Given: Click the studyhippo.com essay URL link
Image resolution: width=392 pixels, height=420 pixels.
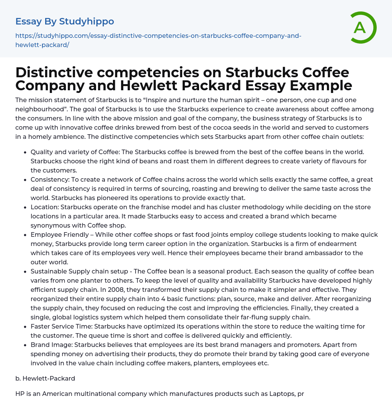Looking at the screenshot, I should (158, 40).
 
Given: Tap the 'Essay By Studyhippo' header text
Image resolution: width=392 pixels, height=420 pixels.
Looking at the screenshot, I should (65, 21).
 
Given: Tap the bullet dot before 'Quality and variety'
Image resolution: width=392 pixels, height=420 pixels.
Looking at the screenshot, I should (25, 152).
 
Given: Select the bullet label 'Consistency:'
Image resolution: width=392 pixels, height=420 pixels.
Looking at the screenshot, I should (50, 179).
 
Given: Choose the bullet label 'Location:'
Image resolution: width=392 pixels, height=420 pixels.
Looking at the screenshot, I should (44, 207).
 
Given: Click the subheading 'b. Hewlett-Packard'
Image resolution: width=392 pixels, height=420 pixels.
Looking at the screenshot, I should (45, 378).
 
